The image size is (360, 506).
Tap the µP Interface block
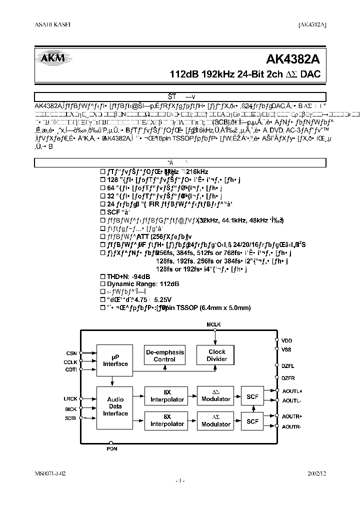point(115,360)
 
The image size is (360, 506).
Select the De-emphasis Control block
point(164,355)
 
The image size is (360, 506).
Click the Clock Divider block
point(217,355)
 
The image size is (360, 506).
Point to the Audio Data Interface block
point(118,406)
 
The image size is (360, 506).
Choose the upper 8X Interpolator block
point(167,395)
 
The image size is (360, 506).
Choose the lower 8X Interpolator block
point(167,420)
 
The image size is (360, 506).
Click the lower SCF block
point(253,421)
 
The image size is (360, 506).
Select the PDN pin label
point(112,449)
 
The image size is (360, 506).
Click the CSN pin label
point(71,353)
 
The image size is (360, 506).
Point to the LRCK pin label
point(70,399)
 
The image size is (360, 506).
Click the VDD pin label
point(286,340)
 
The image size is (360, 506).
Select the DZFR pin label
point(288,378)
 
